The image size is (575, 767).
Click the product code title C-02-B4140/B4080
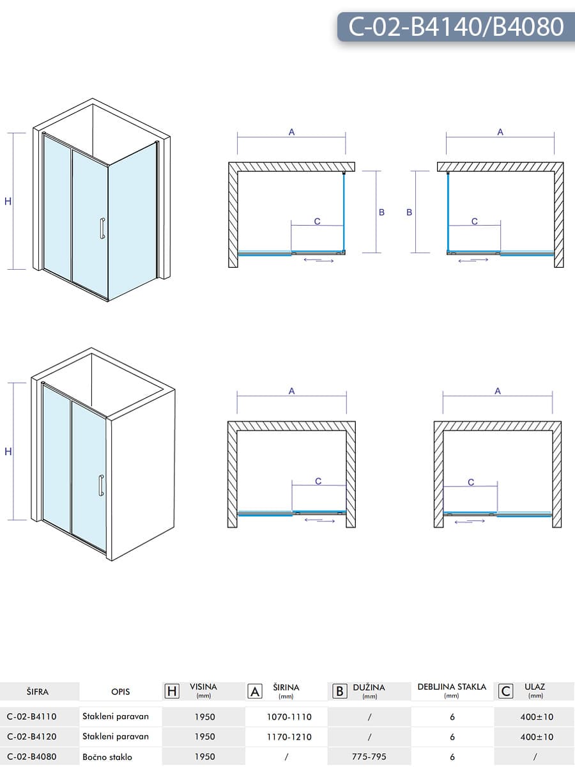456,27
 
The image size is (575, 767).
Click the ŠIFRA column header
38,692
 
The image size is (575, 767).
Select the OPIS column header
120,692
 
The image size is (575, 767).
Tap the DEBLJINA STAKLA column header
452,687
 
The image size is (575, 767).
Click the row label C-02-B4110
36,717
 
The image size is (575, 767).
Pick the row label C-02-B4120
36,736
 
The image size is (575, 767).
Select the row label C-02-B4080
36,757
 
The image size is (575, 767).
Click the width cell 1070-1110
289,717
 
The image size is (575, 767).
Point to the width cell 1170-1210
289,736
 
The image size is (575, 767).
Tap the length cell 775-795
369,757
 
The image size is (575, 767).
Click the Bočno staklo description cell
107,757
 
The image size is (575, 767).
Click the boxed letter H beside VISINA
172,691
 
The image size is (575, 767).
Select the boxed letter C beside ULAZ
506,691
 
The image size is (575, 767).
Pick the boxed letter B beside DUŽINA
340,691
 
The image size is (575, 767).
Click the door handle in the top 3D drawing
102,228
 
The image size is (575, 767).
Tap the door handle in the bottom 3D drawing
101,485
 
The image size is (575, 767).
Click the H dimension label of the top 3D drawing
8,201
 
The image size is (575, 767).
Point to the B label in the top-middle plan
381,212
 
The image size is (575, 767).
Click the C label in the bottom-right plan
471,483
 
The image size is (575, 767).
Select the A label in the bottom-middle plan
291,391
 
